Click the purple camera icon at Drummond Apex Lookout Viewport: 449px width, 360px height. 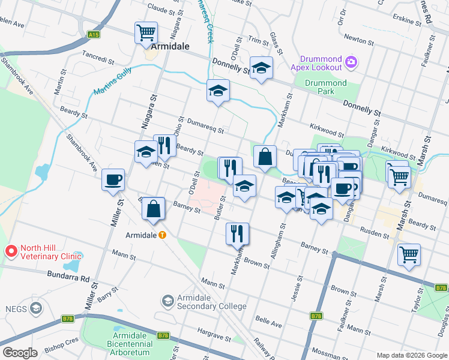coord(351,61)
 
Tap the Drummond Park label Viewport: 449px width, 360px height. coord(325,87)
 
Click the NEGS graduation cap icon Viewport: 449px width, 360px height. coord(35,308)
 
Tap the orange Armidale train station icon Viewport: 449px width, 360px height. coord(162,235)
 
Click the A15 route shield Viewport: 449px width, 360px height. coord(93,35)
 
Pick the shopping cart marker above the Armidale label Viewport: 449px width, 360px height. coord(146,32)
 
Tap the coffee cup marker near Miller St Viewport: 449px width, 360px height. coord(113,180)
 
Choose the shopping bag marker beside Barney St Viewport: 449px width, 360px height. coord(154,209)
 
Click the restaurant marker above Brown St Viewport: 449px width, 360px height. coord(238,233)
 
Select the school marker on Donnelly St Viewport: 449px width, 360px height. coord(261,68)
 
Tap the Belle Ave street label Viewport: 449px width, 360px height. coord(268,323)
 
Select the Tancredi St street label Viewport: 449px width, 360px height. coord(98,60)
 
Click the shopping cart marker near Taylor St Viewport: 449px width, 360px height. coord(409,254)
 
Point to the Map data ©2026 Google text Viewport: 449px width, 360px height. coord(411,355)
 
